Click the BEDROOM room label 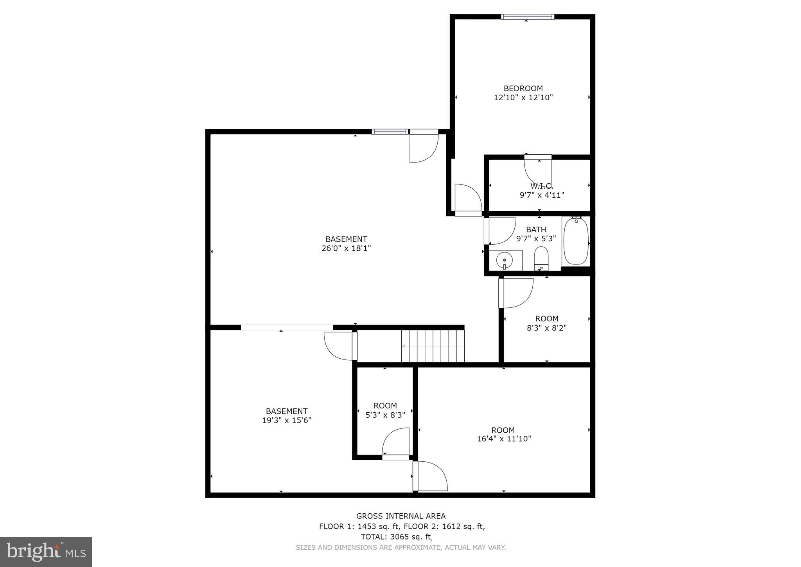click(523, 88)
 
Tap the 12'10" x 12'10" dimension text click(523, 98)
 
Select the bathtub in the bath click(576, 241)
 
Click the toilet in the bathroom click(541, 258)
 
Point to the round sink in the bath click(505, 260)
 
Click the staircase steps click(433, 346)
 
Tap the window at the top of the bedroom click(528, 17)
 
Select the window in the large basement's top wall click(390, 132)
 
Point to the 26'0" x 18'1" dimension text click(346, 248)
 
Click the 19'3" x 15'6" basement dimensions click(287, 421)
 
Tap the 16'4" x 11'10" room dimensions click(504, 439)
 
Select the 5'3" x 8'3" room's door click(396, 444)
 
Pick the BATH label click(536, 229)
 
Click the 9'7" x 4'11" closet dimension click(542, 195)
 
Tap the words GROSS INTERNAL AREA click(400, 516)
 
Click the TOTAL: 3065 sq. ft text click(396, 537)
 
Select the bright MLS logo click(46, 552)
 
